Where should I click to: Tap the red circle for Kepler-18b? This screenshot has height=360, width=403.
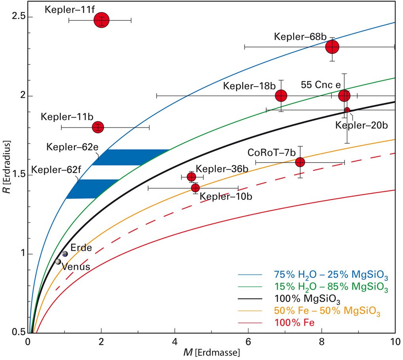pyautogui.click(x=281, y=95)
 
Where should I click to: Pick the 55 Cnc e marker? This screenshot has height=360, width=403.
pyautogui.click(x=344, y=95)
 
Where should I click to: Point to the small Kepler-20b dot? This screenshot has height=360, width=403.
pyautogui.click(x=347, y=110)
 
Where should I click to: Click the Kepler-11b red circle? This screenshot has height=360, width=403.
pyautogui.click(x=98, y=127)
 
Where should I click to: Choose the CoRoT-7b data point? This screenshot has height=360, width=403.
pyautogui.click(x=300, y=162)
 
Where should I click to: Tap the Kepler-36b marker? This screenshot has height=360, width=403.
pyautogui.click(x=191, y=176)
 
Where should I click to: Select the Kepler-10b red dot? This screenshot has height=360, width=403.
pyautogui.click(x=195, y=188)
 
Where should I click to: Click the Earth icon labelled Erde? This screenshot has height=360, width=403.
pyautogui.click(x=65, y=254)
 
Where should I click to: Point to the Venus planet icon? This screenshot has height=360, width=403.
pyautogui.click(x=58, y=261)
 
